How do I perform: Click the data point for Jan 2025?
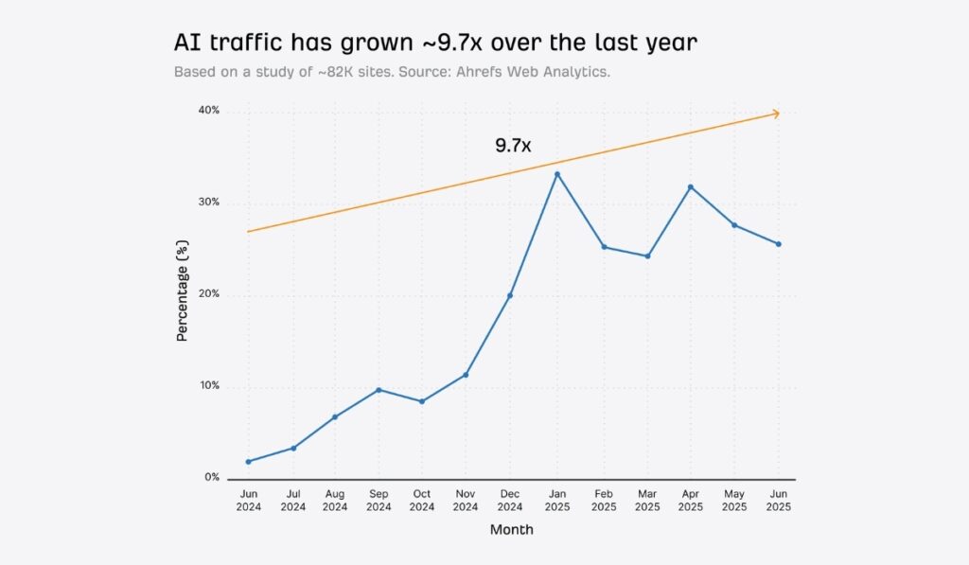(557, 174)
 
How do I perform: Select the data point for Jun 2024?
(248, 462)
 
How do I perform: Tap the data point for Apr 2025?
(690, 186)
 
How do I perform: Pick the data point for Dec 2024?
(509, 295)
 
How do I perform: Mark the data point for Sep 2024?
(379, 390)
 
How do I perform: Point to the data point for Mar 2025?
(647, 256)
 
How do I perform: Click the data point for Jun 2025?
(779, 244)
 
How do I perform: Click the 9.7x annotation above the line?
(513, 146)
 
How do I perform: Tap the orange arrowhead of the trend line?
(776, 114)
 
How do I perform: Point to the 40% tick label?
(208, 111)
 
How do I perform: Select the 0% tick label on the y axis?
(211, 478)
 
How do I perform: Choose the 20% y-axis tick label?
(208, 294)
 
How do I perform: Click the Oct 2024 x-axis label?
(422, 500)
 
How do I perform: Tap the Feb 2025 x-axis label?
(604, 500)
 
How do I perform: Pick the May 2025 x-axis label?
(734, 500)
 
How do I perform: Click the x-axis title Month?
(511, 530)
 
